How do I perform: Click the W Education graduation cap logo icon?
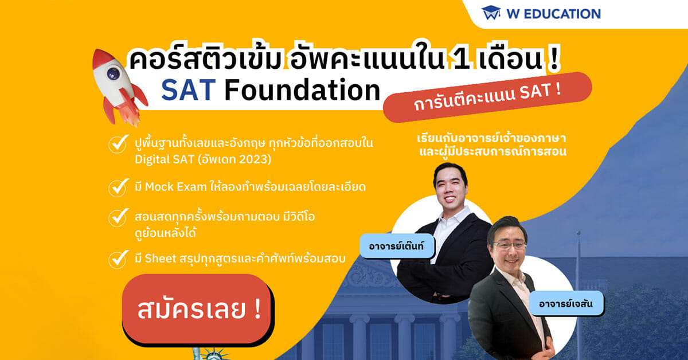pyautogui.click(x=491, y=13)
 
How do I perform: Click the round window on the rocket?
pyautogui.click(x=114, y=73)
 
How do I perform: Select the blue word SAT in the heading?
pyautogui.click(x=188, y=90)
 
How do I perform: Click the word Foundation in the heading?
pyautogui.click(x=302, y=89)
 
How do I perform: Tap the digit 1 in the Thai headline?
pyautogui.click(x=459, y=58)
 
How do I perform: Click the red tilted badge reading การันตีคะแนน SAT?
pyautogui.click(x=487, y=97)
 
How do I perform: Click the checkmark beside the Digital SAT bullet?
pyautogui.click(x=118, y=143)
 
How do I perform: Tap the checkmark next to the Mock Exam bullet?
pyautogui.click(x=118, y=187)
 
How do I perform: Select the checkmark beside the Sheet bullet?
pyautogui.click(x=118, y=259)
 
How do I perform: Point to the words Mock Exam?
pyautogui.click(x=175, y=187)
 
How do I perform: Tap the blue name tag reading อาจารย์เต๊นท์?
pyautogui.click(x=397, y=246)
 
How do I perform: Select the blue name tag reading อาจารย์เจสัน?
pyautogui.click(x=566, y=303)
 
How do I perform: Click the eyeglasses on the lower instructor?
pyautogui.click(x=509, y=245)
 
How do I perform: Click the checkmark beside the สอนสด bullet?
pyautogui.click(x=118, y=217)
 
